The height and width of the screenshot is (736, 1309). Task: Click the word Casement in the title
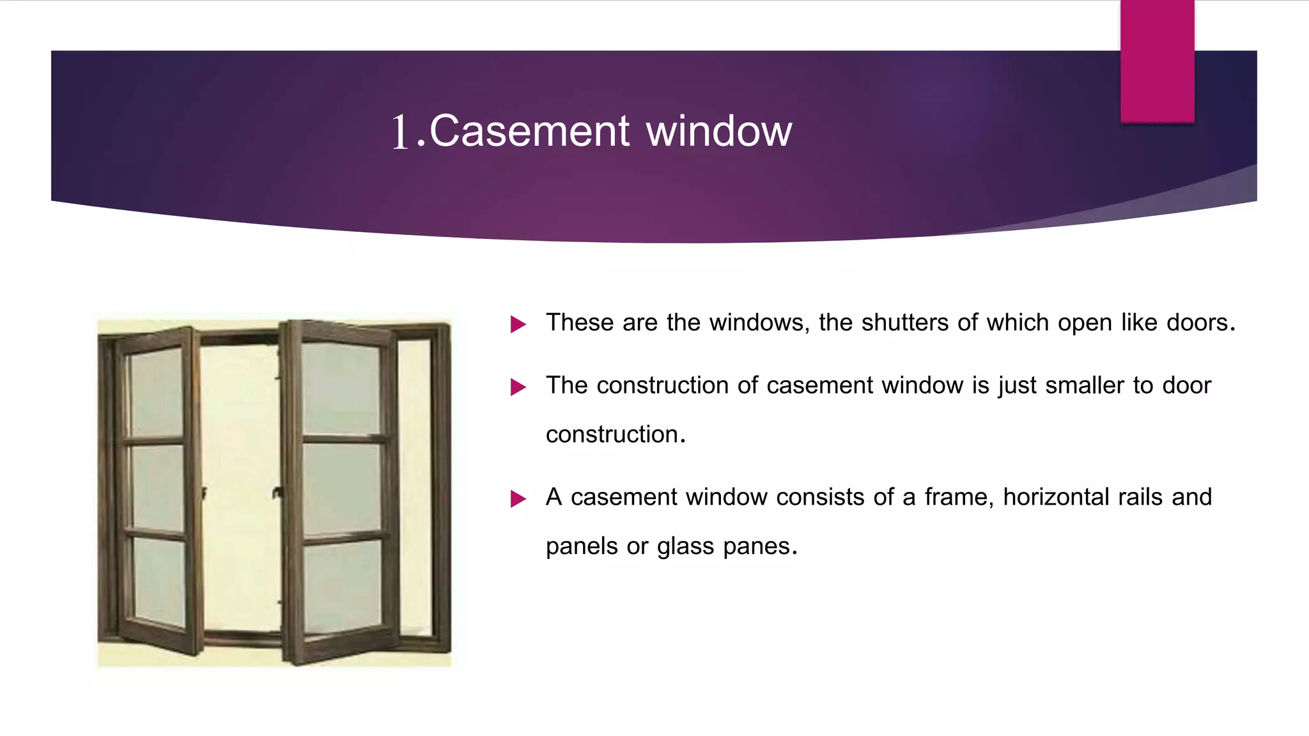(x=529, y=131)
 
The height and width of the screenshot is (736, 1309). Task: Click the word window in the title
(x=719, y=131)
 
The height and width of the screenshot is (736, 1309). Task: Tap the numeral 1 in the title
(x=400, y=132)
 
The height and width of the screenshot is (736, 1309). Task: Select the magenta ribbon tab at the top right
(x=1157, y=61)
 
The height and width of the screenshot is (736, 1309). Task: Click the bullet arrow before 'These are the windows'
(x=518, y=325)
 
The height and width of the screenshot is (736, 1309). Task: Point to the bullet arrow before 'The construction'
(x=518, y=387)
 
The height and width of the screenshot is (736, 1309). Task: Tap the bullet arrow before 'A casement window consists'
(x=518, y=499)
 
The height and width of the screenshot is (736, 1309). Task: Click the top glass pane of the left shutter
(x=157, y=393)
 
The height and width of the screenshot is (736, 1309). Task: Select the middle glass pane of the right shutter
(x=342, y=489)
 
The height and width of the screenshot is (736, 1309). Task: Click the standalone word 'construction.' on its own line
(x=616, y=434)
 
